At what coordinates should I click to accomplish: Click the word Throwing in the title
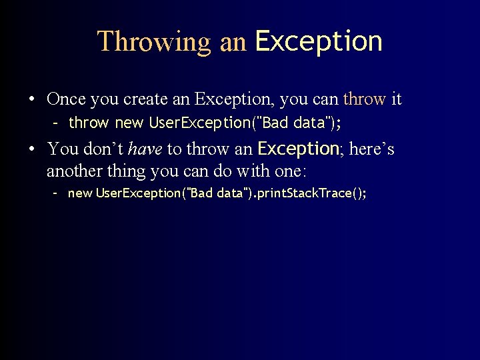pos(154,41)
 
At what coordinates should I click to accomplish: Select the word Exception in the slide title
pos(319,41)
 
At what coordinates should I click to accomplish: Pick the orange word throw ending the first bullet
pos(364,99)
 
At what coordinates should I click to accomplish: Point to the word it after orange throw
pos(396,99)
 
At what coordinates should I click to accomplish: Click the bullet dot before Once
pos(33,100)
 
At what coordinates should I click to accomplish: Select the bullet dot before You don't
pos(33,149)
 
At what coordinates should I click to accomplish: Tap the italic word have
pos(145,148)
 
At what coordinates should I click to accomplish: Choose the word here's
pos(371,148)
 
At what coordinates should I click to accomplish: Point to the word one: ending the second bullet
pos(290,171)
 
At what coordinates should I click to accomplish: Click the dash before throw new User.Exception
pos(57,123)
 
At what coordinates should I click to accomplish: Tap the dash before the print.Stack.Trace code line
pos(57,193)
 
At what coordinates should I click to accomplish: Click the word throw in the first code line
pos(88,123)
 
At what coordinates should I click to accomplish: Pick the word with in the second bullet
pos(254,171)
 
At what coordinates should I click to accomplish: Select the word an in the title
pos(233,41)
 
